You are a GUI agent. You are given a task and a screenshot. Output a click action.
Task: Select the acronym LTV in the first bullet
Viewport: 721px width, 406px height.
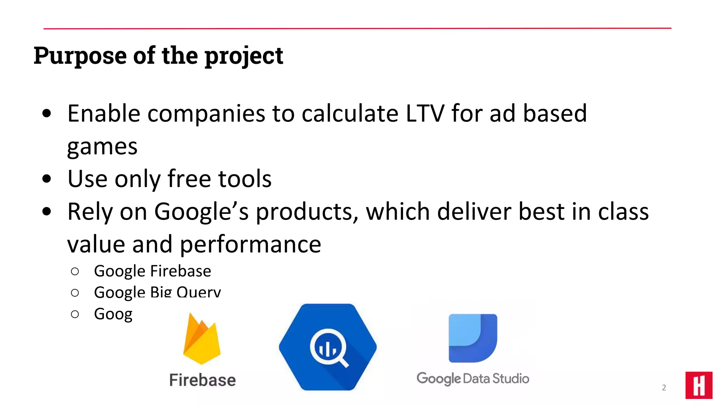(x=425, y=113)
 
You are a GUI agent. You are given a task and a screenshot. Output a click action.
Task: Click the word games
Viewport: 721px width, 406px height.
(x=102, y=146)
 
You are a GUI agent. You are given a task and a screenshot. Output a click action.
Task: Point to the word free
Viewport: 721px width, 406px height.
(x=189, y=179)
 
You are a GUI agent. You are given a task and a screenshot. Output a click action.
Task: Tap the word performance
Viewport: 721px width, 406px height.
(x=250, y=244)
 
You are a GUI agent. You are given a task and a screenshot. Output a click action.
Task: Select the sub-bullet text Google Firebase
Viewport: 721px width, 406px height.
(x=152, y=271)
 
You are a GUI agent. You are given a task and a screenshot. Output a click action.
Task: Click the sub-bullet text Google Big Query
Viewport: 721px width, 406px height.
(x=157, y=292)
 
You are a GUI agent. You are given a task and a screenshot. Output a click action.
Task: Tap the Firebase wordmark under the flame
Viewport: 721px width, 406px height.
(x=202, y=380)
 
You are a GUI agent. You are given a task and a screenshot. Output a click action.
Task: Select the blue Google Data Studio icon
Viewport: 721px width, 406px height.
(x=473, y=338)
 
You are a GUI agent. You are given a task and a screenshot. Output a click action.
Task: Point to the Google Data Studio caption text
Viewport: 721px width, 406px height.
(x=473, y=379)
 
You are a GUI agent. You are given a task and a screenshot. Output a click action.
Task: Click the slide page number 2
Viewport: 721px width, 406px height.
(x=664, y=388)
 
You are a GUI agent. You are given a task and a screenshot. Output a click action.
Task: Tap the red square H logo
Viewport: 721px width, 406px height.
(x=699, y=385)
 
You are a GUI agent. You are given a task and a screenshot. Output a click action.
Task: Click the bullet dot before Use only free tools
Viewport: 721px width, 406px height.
(x=46, y=179)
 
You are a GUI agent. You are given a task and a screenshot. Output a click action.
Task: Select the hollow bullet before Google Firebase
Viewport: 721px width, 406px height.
(x=75, y=271)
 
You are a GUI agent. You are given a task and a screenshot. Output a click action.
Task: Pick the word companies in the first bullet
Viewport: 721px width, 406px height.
(x=206, y=113)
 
